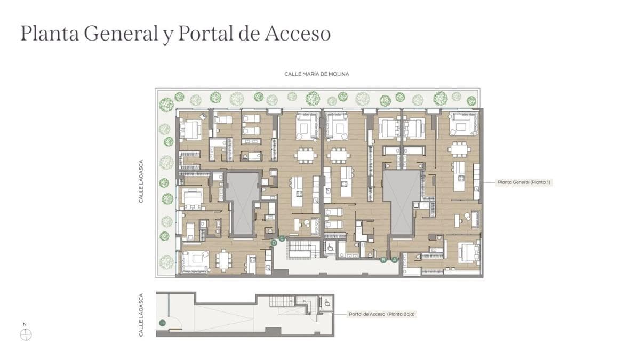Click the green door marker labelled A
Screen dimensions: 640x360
click(395, 260)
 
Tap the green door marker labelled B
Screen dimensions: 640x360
click(383, 260)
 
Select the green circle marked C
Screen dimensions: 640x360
click(282, 238)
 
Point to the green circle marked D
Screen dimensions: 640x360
click(274, 243)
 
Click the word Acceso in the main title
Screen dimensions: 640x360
click(298, 34)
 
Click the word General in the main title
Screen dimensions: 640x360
click(121, 34)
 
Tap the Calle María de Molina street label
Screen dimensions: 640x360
click(317, 74)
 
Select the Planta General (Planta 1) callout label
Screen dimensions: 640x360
click(524, 182)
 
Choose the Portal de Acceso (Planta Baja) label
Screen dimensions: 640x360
click(382, 314)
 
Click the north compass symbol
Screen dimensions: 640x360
click(26, 334)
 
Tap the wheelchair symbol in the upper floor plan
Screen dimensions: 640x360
click(331, 247)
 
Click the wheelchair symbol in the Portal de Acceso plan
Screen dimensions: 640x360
click(327, 302)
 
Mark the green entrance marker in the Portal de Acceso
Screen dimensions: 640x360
click(162, 323)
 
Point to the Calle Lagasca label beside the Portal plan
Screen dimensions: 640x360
click(141, 315)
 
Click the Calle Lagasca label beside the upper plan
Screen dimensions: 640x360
click(141, 181)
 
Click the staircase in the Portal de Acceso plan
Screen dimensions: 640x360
click(282, 301)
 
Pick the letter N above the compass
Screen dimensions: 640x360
click(25, 324)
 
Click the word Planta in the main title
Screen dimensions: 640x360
click(50, 34)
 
